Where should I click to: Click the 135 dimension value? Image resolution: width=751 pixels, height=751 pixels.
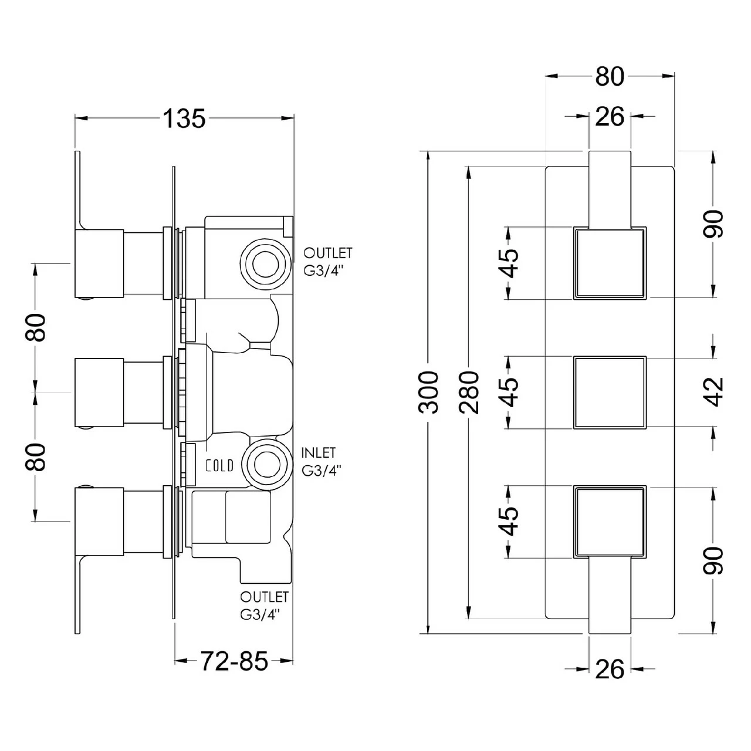(184, 119)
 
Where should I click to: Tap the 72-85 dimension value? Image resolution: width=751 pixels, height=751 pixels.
(234, 661)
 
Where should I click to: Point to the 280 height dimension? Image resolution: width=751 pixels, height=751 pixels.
(469, 392)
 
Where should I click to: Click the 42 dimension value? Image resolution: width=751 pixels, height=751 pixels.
(714, 391)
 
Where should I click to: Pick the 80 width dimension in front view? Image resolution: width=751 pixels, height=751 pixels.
(610, 76)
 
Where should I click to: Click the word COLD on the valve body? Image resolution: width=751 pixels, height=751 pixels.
(219, 465)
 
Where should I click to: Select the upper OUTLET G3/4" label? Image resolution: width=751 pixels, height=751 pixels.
(327, 261)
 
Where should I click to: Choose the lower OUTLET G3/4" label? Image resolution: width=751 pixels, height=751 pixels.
(264, 605)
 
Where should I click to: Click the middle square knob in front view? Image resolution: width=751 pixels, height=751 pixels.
(610, 392)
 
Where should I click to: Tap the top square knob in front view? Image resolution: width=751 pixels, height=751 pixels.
(610, 263)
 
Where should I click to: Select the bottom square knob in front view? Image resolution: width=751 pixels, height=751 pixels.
(610, 522)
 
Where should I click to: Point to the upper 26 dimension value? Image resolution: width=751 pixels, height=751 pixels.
(610, 117)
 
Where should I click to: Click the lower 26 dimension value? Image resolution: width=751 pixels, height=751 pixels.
(610, 669)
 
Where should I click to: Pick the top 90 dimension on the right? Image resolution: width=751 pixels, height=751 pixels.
(714, 224)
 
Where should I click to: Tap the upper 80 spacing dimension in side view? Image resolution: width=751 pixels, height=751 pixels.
(36, 327)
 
